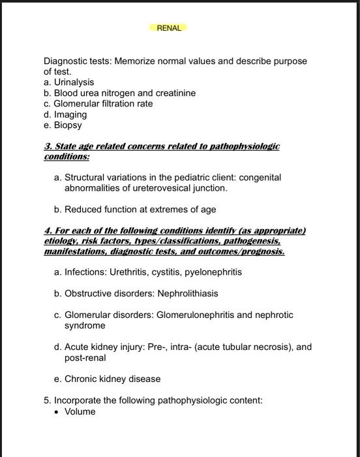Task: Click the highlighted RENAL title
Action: coord(168,28)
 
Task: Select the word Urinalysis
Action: coord(74,82)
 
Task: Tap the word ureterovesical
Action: coord(155,188)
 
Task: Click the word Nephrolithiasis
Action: coord(188,293)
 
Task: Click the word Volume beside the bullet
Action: coord(80,411)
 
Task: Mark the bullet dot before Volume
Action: coord(57,412)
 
